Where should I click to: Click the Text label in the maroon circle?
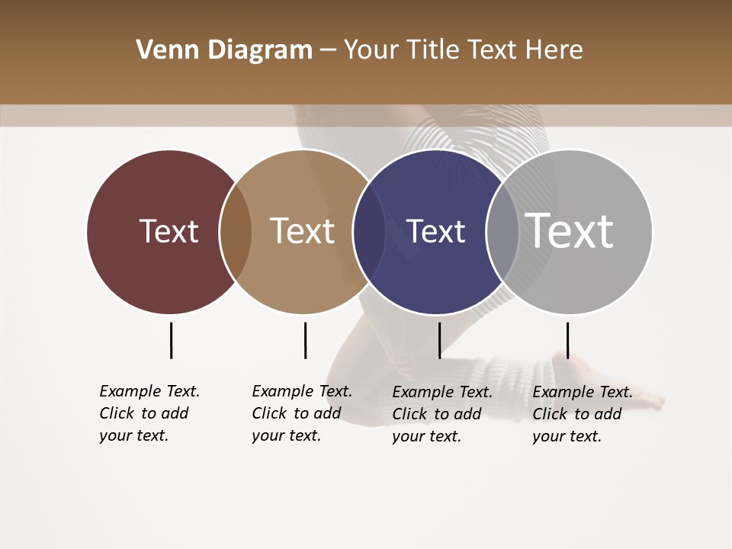point(169,231)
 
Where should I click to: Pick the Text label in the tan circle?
point(302,231)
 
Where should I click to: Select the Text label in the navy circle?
point(435,231)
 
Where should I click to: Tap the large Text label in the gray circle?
point(569,231)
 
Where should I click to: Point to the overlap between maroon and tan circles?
point(236,231)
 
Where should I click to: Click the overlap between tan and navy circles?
point(369,231)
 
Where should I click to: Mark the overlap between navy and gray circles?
point(502,231)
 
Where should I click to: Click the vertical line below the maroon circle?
point(172,340)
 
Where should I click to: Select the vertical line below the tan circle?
point(305,340)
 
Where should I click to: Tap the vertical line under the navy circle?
point(439,340)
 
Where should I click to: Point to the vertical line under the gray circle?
point(567,340)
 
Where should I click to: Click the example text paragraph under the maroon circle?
point(149,413)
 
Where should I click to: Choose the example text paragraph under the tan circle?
point(301,413)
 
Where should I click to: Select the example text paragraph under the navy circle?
point(441,414)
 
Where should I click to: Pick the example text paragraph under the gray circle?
point(582,414)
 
